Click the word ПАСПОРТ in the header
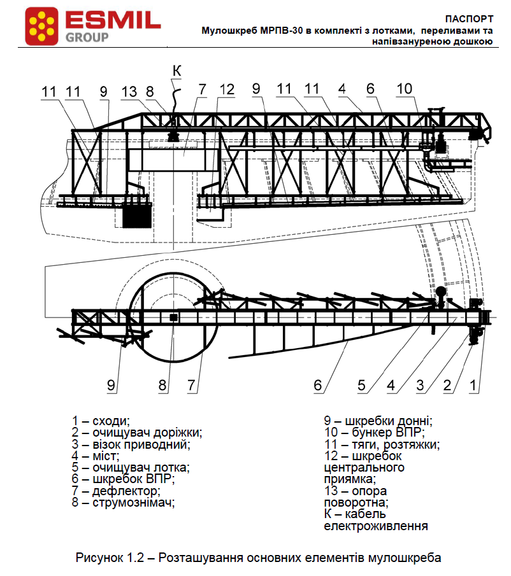tap(470, 19)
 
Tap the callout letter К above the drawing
tap(176, 71)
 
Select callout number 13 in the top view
tap(129, 92)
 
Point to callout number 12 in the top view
tap(227, 90)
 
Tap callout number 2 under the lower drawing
tap(447, 384)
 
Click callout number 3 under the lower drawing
tap(421, 384)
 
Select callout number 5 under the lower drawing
tap(361, 384)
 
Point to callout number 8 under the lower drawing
tap(162, 384)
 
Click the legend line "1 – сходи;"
tap(101, 421)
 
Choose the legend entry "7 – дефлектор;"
tap(116, 491)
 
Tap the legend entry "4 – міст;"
tap(96, 456)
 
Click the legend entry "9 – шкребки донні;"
tap(378, 421)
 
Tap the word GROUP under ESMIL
tap(87, 37)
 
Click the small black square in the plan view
tap(173, 316)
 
